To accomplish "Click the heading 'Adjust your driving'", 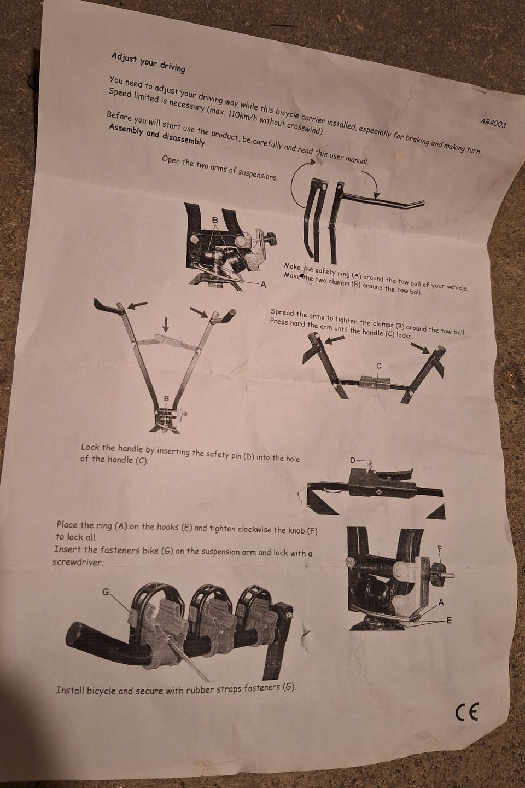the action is pyautogui.click(x=148, y=63).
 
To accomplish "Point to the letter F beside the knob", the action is pyautogui.click(x=440, y=548).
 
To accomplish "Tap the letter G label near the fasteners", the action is pyautogui.click(x=106, y=592).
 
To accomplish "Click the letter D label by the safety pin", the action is pyautogui.click(x=353, y=460).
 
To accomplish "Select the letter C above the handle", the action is pyautogui.click(x=379, y=366).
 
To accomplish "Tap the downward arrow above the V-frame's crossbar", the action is pyautogui.click(x=166, y=324).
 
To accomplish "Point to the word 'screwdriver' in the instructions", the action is pyautogui.click(x=78, y=562).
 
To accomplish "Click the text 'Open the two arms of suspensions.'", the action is pyautogui.click(x=220, y=168).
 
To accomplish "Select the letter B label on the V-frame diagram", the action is pyautogui.click(x=167, y=398).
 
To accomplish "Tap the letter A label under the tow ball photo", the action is pyautogui.click(x=262, y=285).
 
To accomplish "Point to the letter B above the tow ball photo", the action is pyautogui.click(x=215, y=220).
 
